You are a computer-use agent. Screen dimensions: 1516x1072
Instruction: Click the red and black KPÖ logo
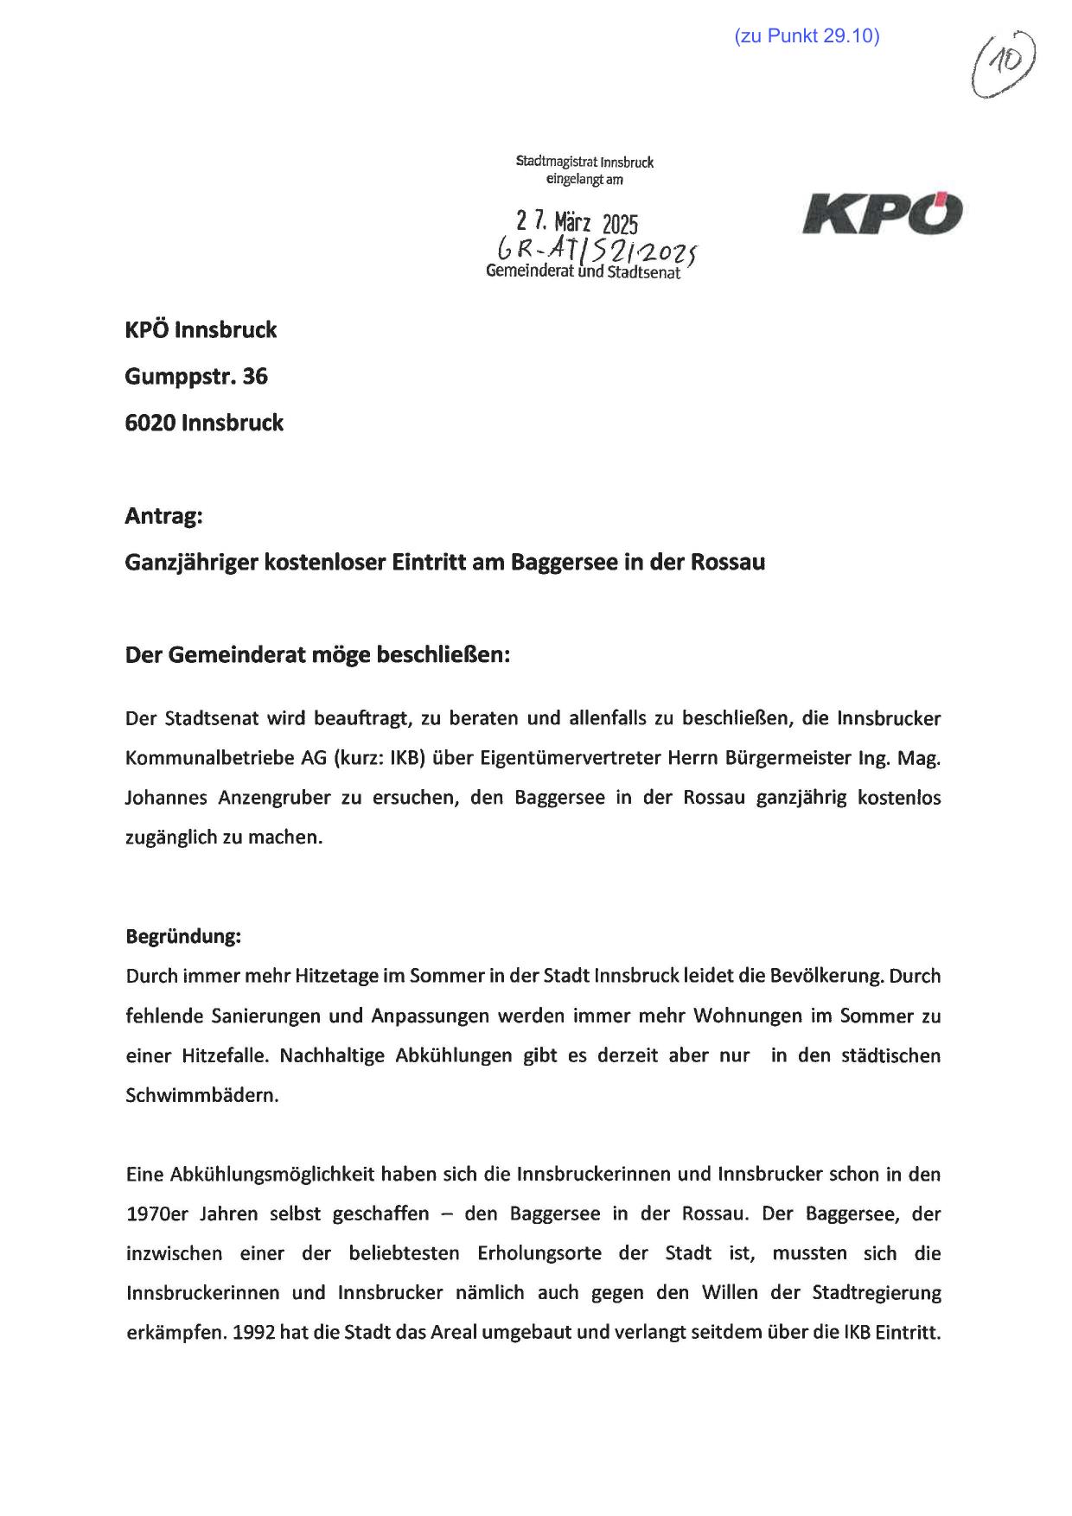click(882, 213)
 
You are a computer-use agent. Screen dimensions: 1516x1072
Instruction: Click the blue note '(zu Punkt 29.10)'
click(806, 36)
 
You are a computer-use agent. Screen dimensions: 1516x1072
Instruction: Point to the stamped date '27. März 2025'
click(577, 223)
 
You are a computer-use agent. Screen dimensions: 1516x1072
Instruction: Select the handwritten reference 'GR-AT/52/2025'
click(596, 252)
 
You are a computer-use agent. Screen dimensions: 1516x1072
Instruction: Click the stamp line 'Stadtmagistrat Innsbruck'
click(584, 162)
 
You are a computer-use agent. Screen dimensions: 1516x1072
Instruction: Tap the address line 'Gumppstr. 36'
click(196, 376)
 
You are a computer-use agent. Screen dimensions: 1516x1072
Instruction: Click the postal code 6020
click(150, 423)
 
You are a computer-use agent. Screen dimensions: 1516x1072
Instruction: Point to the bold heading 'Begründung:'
click(183, 936)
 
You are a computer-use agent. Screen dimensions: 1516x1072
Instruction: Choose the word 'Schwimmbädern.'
click(202, 1095)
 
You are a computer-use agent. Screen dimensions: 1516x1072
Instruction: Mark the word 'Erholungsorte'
click(539, 1253)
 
